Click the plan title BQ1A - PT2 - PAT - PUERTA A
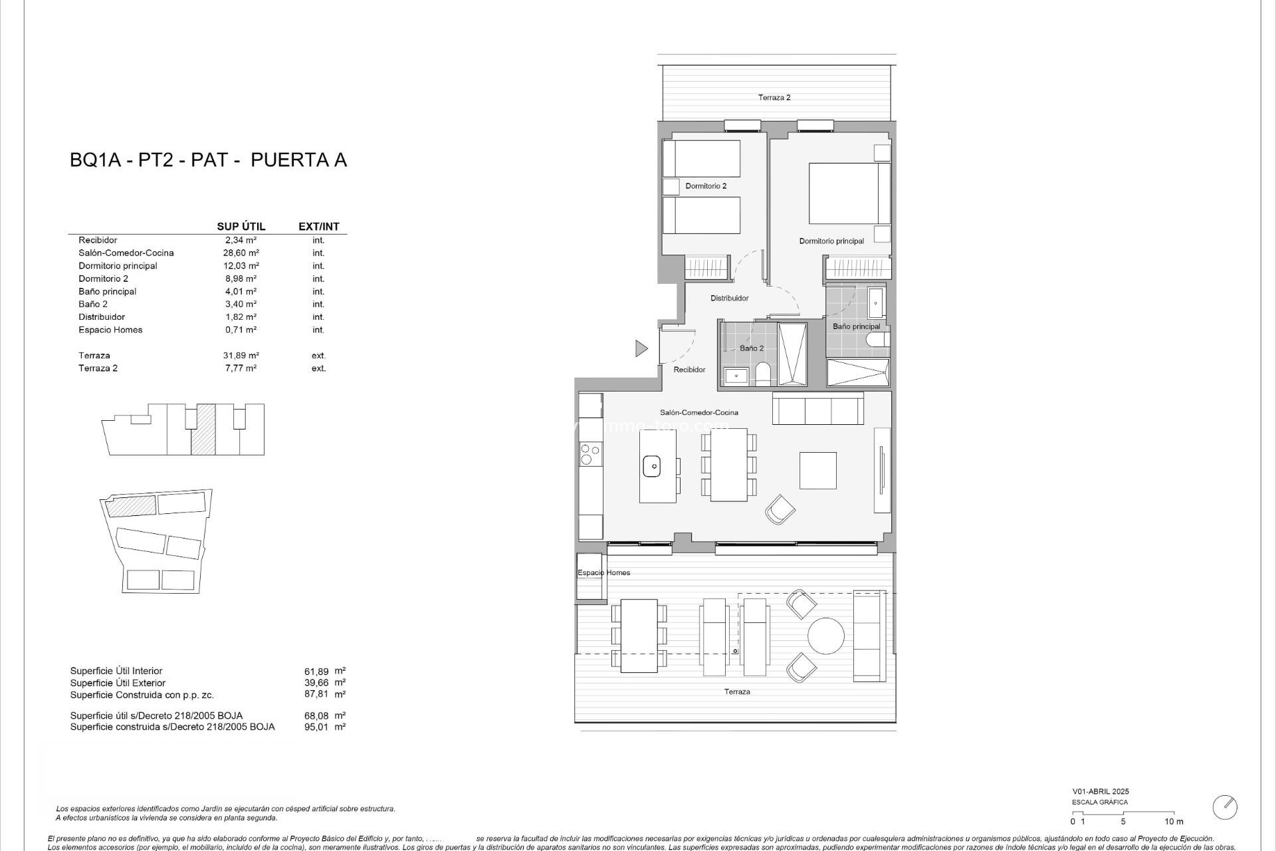click(x=208, y=160)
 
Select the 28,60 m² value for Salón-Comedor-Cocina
click(x=241, y=253)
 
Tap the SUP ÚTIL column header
click(x=241, y=227)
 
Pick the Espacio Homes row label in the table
click(x=110, y=330)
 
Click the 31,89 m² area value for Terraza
click(x=241, y=356)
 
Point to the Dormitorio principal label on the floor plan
click(x=831, y=241)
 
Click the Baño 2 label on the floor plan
click(x=752, y=348)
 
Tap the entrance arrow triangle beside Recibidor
click(x=641, y=348)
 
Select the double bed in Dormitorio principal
click(x=849, y=193)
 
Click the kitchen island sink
click(x=655, y=466)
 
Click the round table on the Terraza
click(x=826, y=636)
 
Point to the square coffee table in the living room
click(x=817, y=470)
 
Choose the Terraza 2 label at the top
click(x=774, y=98)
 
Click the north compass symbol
click(x=1224, y=807)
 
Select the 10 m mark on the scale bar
click(x=1174, y=822)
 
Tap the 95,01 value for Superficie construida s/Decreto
click(x=316, y=727)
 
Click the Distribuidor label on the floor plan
click(x=729, y=299)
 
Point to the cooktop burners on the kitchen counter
click(x=587, y=454)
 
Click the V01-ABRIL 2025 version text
click(x=1100, y=792)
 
